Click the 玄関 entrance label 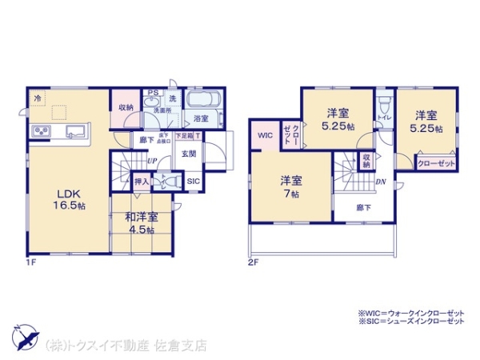click(x=188, y=154)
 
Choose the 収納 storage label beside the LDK click(x=125, y=107)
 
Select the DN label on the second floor click(x=382, y=182)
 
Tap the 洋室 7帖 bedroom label click(x=290, y=186)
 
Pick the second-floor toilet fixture click(x=384, y=105)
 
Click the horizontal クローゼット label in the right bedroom click(x=436, y=163)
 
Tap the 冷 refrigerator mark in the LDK click(x=37, y=98)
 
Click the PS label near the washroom click(x=151, y=91)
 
